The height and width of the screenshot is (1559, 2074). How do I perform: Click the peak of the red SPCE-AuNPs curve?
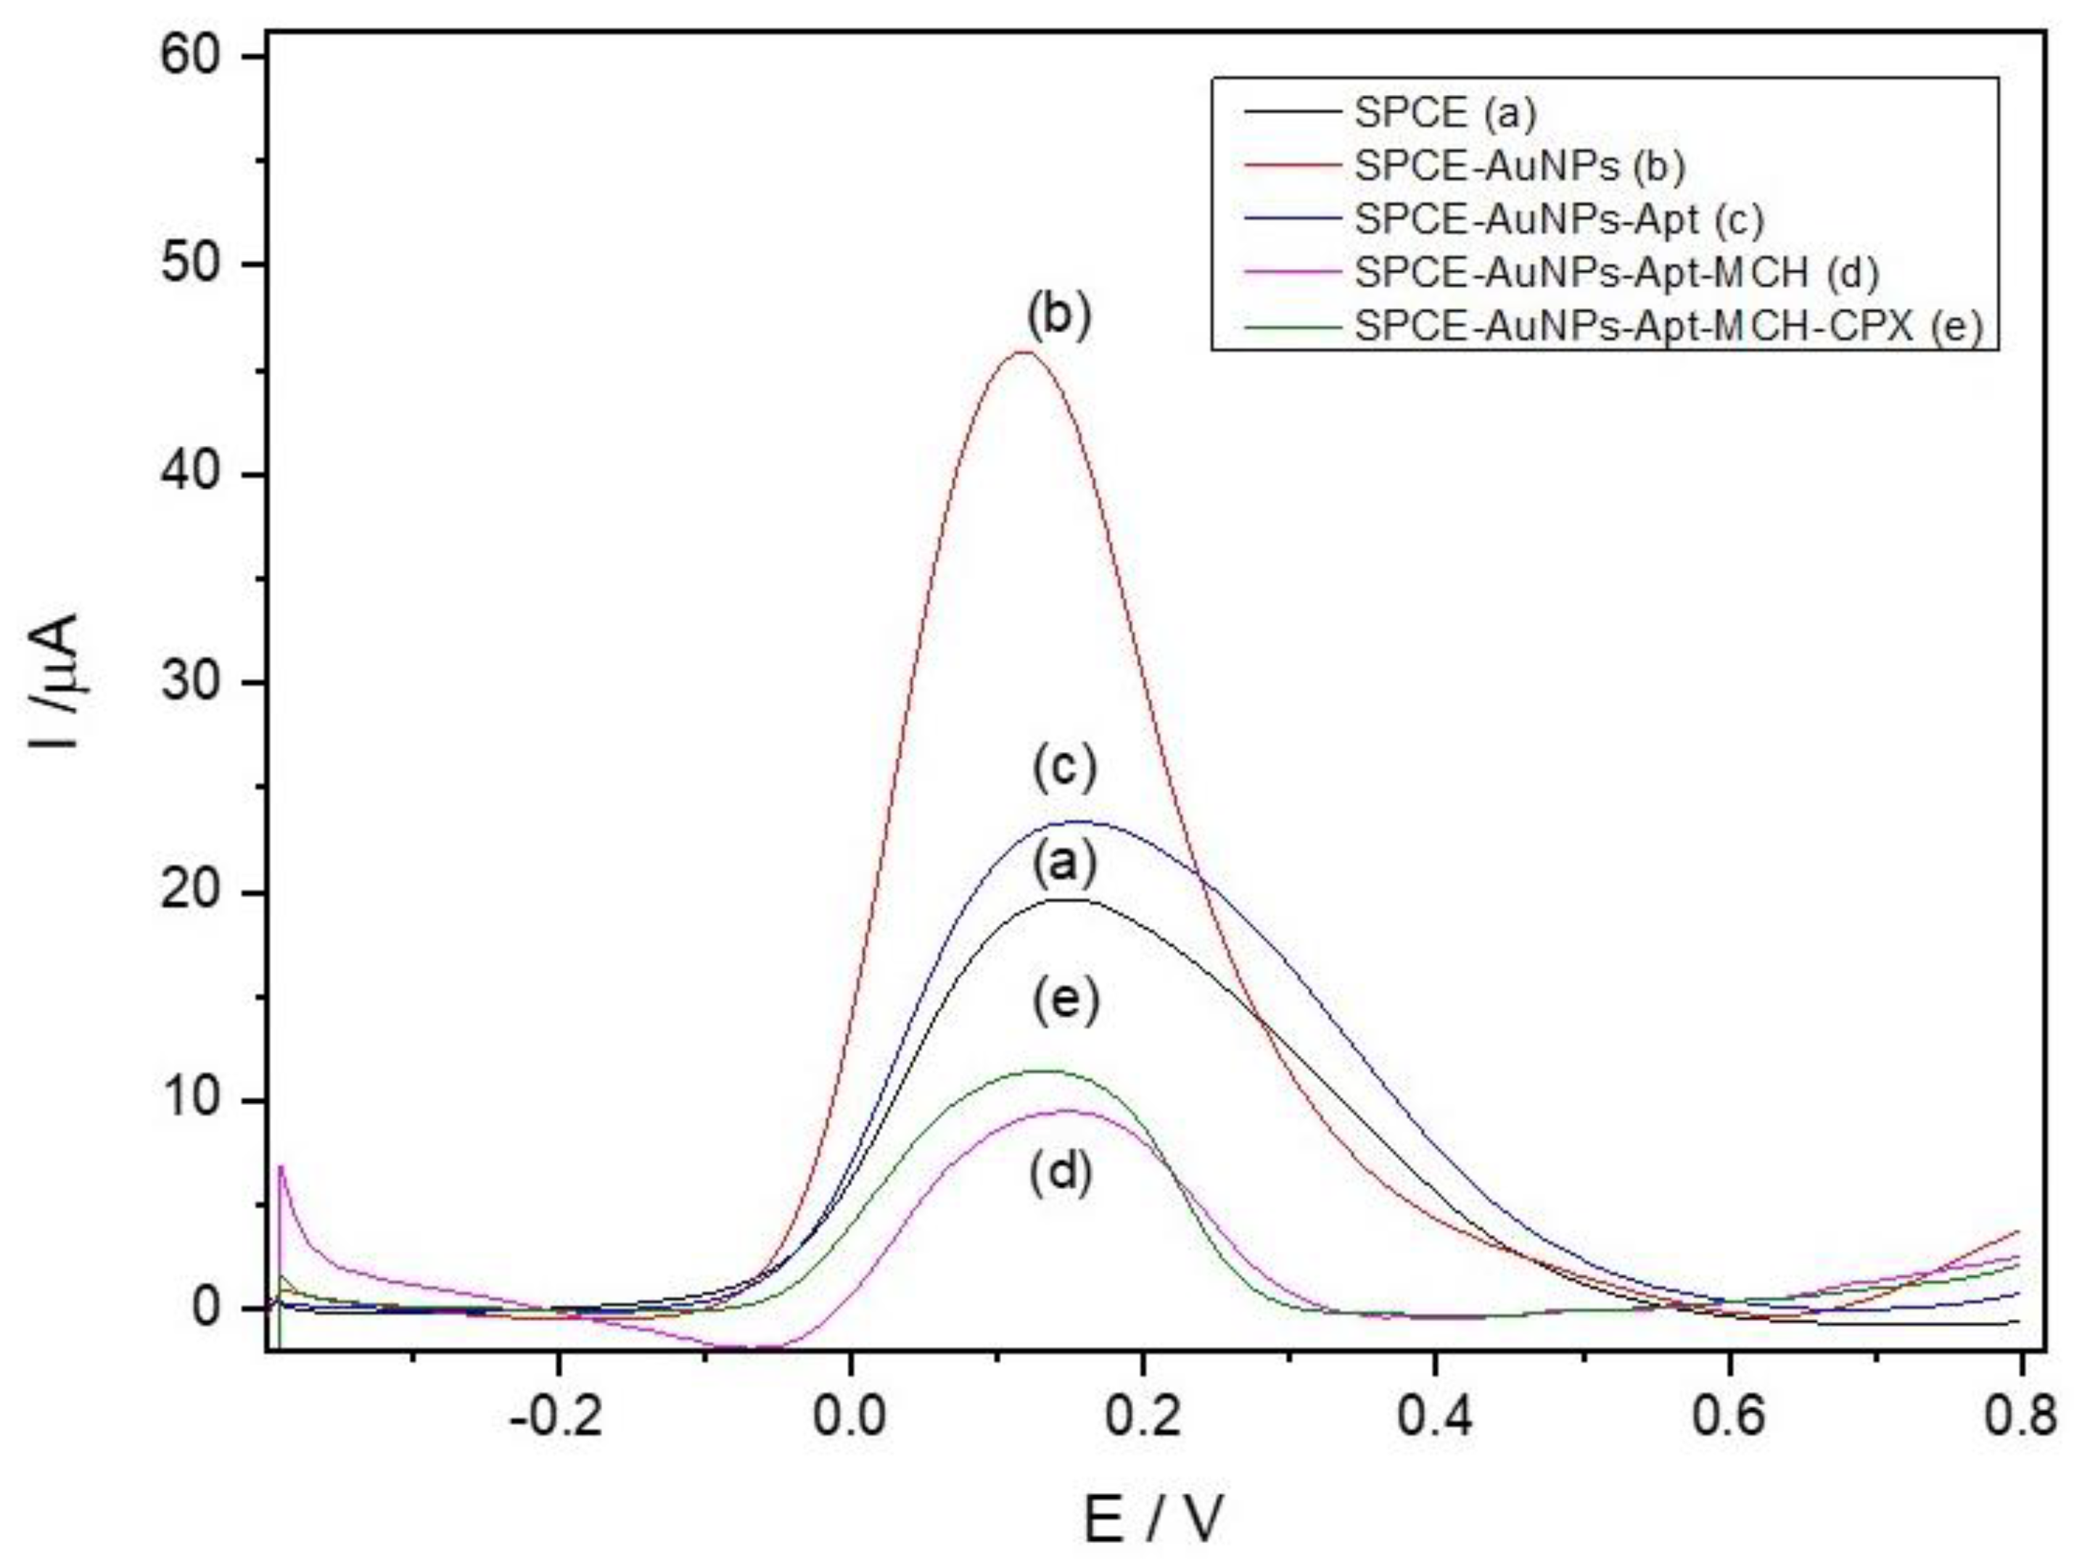pyautogui.click(x=1023, y=352)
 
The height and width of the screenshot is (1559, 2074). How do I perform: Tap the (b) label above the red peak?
pyautogui.click(x=1060, y=317)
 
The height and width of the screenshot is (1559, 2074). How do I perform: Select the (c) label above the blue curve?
pyautogui.click(x=1064, y=769)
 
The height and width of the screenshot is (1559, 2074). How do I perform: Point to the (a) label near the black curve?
pyautogui.click(x=1064, y=864)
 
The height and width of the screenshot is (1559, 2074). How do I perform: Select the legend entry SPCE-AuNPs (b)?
pyautogui.click(x=1519, y=166)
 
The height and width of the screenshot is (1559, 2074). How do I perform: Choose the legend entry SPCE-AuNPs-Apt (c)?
pyautogui.click(x=1558, y=220)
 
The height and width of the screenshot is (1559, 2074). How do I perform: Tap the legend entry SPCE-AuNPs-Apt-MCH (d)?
pyautogui.click(x=1616, y=273)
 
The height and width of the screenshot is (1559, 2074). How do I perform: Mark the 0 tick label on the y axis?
pyautogui.click(x=218, y=1309)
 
